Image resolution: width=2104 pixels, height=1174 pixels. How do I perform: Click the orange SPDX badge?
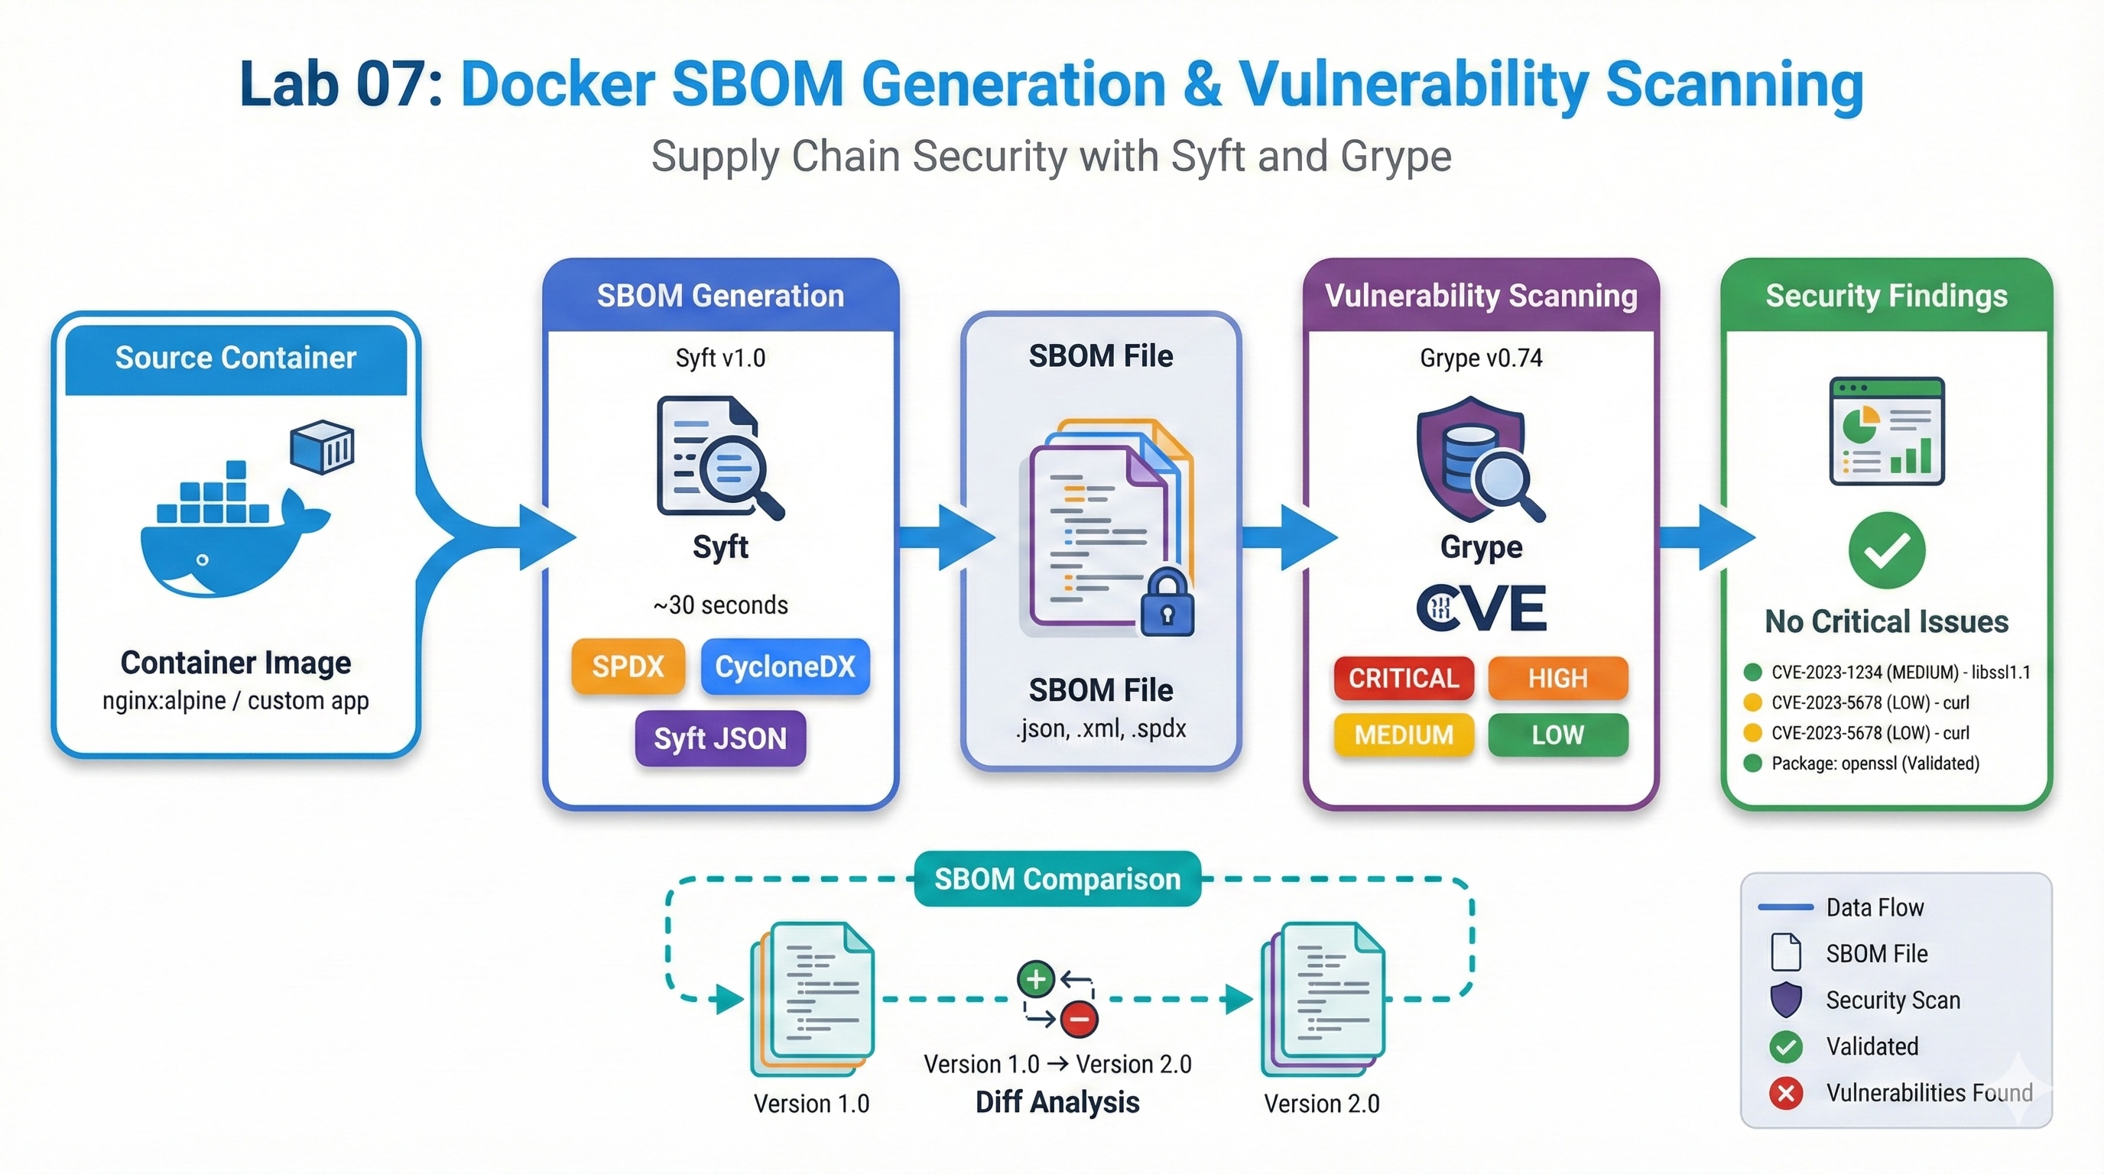pyautogui.click(x=627, y=666)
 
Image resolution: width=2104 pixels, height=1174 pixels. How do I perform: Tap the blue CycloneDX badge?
pyautogui.click(x=785, y=666)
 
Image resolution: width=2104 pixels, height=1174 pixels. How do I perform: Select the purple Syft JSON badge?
pyautogui.click(x=719, y=738)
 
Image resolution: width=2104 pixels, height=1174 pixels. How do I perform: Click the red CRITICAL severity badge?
pyautogui.click(x=1403, y=678)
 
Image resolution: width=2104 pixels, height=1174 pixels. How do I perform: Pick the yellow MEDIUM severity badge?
pyautogui.click(x=1403, y=735)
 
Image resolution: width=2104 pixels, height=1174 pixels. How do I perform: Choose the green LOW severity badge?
pyautogui.click(x=1557, y=735)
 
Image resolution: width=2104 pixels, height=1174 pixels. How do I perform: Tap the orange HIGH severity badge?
pyautogui.click(x=1557, y=678)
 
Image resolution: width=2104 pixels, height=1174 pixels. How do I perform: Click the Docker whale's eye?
pyautogui.click(x=202, y=560)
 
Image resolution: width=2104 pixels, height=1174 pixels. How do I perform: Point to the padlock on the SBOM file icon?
pyautogui.click(x=1167, y=604)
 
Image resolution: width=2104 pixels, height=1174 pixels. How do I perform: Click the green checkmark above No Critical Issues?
pyautogui.click(x=1886, y=550)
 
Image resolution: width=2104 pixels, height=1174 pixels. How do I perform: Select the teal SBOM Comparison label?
pyautogui.click(x=1057, y=878)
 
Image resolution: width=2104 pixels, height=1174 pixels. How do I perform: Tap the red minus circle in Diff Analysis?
pyautogui.click(x=1079, y=1019)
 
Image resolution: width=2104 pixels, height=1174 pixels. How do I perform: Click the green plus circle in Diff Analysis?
pyautogui.click(x=1036, y=979)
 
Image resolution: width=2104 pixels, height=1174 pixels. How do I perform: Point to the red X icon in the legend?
pyautogui.click(x=1785, y=1092)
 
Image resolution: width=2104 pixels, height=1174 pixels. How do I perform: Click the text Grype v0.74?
pyautogui.click(x=1480, y=358)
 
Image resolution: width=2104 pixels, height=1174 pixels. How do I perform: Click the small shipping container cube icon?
pyautogui.click(x=323, y=446)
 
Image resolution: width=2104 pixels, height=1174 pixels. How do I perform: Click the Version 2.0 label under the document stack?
pyautogui.click(x=1322, y=1104)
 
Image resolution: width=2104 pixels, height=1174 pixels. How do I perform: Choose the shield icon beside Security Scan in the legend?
pyautogui.click(x=1785, y=999)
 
